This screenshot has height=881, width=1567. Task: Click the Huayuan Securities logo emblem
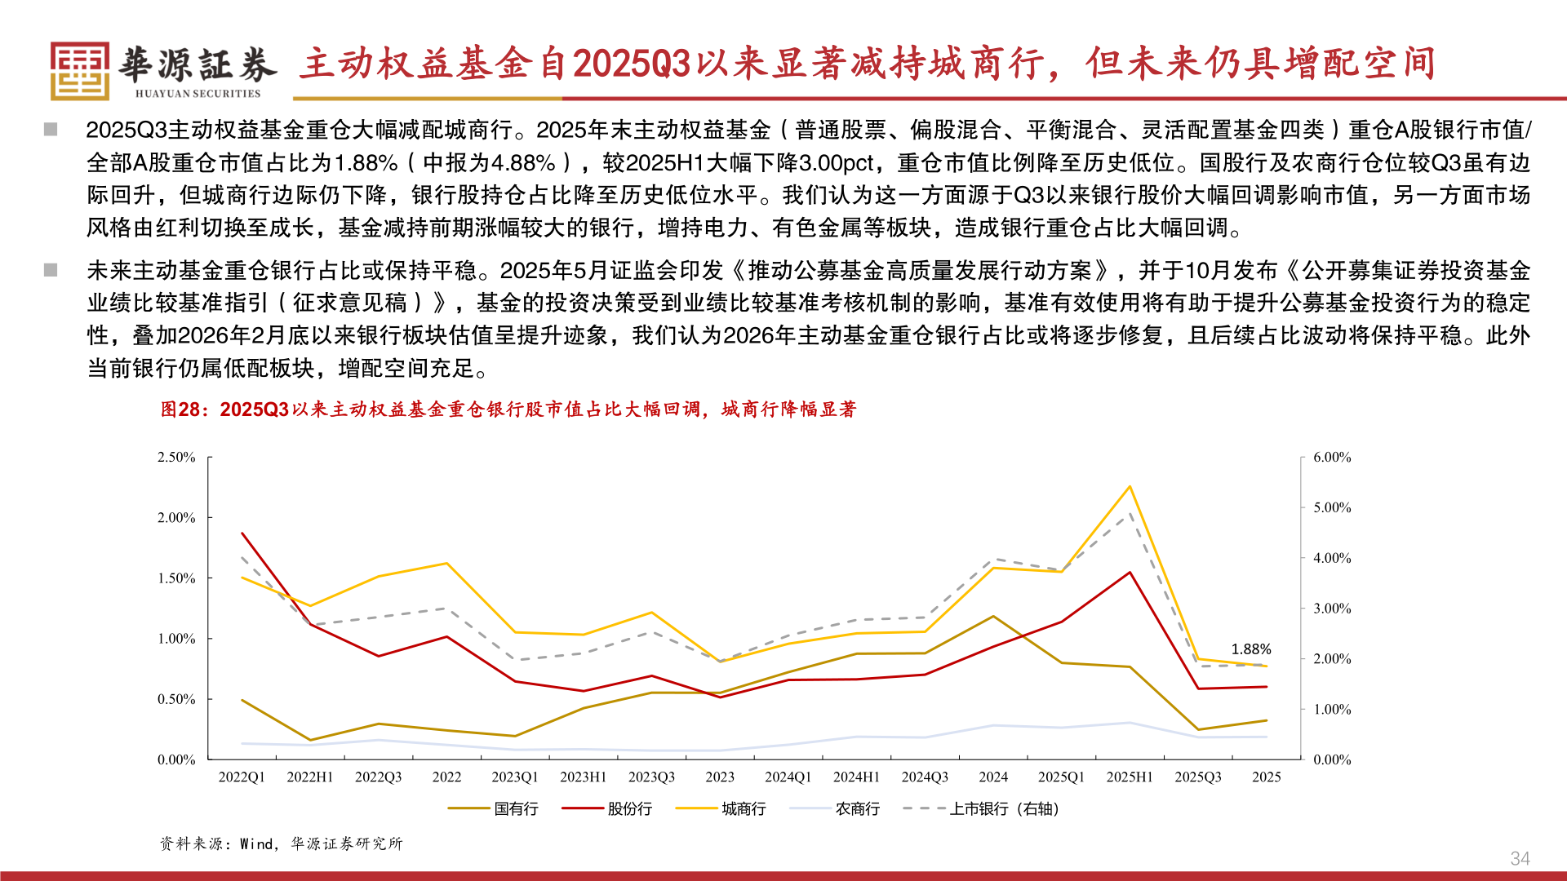(79, 71)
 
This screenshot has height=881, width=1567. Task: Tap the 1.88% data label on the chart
(1250, 649)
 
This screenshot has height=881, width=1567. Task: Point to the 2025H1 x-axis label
(1129, 777)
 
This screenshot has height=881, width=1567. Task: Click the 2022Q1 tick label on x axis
(242, 777)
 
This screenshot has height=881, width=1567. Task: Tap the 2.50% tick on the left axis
(176, 458)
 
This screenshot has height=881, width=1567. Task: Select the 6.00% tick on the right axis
(1332, 458)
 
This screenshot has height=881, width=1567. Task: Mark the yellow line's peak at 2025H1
(1130, 487)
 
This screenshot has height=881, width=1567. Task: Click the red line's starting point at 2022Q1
(242, 533)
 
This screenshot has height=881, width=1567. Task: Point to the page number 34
(1520, 858)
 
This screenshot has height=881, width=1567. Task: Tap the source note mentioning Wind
(281, 843)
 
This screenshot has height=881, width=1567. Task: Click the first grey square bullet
(51, 130)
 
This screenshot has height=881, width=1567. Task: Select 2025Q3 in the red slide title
(633, 64)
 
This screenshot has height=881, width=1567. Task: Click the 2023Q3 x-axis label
(651, 777)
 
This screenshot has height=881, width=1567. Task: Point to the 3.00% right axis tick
(1332, 609)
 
